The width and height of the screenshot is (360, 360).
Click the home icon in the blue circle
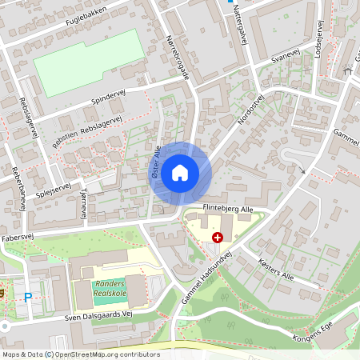(180, 172)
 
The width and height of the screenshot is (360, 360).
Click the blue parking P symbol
(28, 297)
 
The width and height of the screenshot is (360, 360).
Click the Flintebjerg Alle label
(227, 209)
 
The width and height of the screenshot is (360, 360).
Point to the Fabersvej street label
(22, 238)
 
